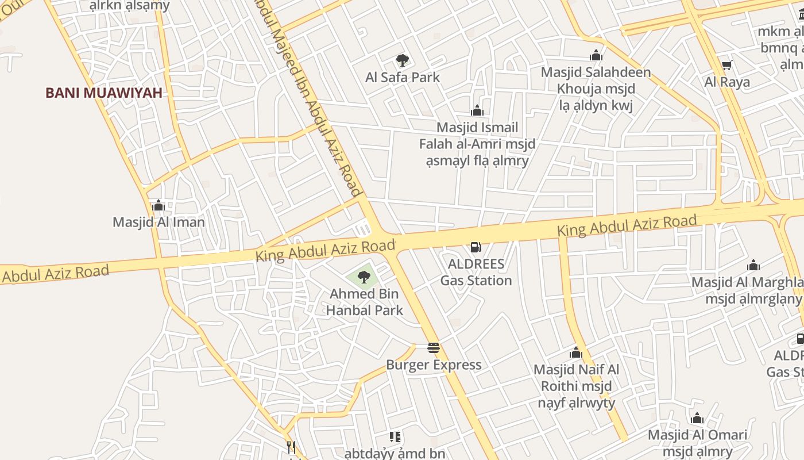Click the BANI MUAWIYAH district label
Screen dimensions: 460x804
coord(104,93)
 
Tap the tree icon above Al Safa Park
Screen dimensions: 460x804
coord(403,60)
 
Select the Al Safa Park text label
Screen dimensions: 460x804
coord(403,77)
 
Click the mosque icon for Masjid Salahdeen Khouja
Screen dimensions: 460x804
coord(596,55)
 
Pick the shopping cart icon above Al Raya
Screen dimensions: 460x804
coord(726,66)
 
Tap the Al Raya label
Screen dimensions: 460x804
coord(727,82)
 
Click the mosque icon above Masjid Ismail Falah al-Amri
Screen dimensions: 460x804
coord(477,110)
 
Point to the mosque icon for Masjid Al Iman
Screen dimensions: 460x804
coord(159,205)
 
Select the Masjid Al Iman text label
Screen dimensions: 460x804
coord(159,222)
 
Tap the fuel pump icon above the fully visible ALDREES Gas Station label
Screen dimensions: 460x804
coord(476,247)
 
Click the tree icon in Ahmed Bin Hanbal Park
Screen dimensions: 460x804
coord(364,277)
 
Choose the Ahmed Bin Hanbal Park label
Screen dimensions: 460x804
coord(365,302)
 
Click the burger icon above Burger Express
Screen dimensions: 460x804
coord(434,347)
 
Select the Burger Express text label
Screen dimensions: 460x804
coord(434,365)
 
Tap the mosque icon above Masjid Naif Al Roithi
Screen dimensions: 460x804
coord(576,352)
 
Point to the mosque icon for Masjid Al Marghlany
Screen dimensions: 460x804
coord(753,265)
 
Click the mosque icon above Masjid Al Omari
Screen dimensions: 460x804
coord(697,418)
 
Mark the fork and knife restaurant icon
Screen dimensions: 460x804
coord(291,447)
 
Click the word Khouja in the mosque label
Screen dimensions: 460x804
coord(579,89)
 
